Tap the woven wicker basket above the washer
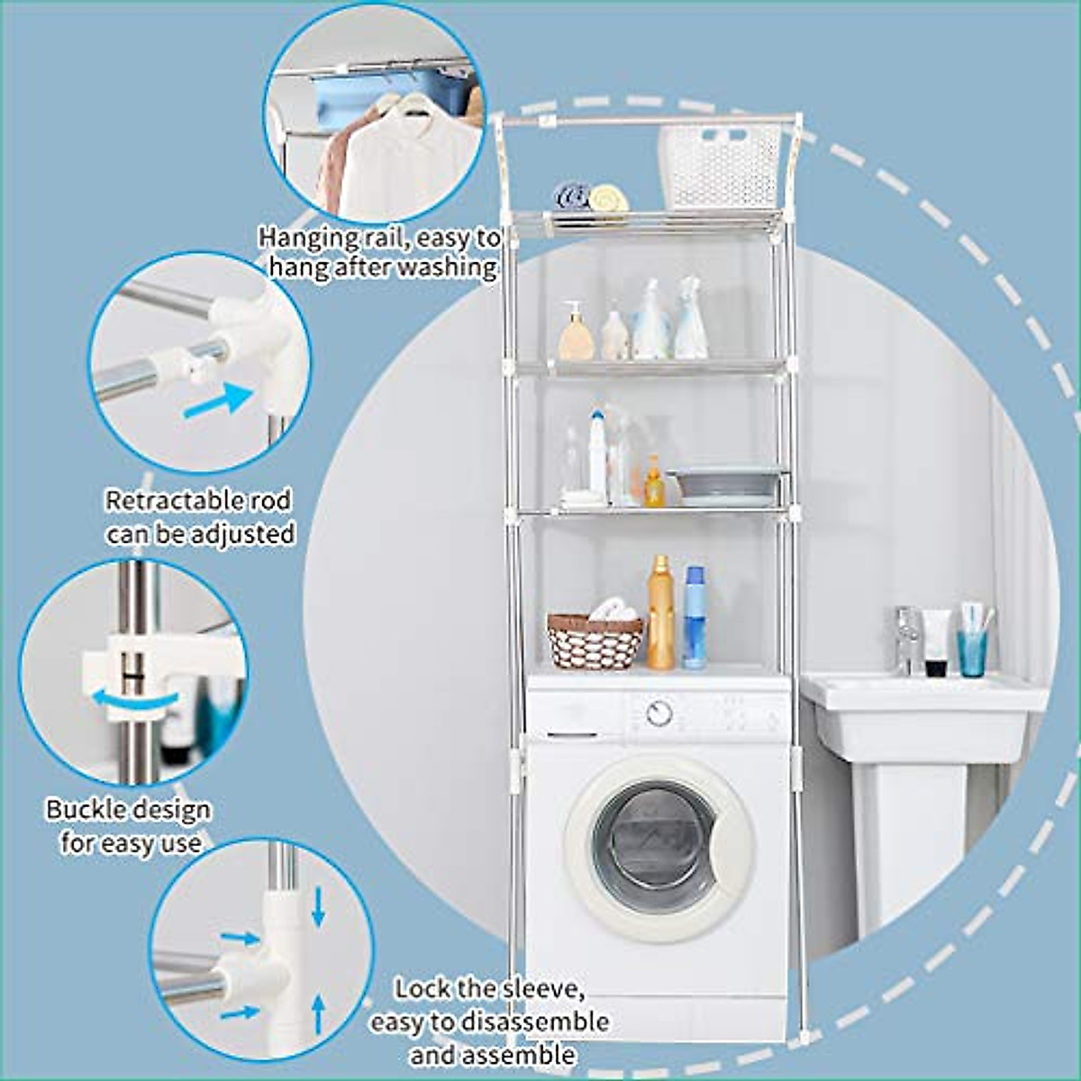pyautogui.click(x=595, y=641)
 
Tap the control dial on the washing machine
pyautogui.click(x=659, y=713)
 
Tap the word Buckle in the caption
pyautogui.click(x=87, y=809)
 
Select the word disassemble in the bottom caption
pyautogui.click(x=534, y=1022)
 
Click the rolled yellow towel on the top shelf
pyautogui.click(x=608, y=197)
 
